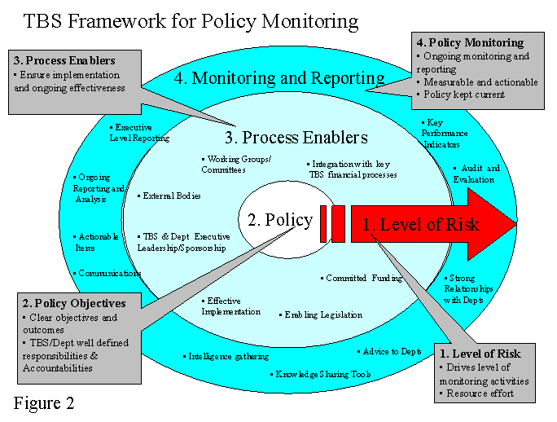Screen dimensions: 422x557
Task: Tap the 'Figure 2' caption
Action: (x=48, y=402)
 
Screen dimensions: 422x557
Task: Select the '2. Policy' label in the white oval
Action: (x=279, y=220)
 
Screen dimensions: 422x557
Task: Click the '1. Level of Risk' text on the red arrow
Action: (x=420, y=224)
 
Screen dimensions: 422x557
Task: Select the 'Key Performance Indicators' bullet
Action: (x=444, y=133)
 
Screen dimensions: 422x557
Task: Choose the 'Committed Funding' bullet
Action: (x=363, y=278)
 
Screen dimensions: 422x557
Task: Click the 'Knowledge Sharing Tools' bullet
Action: (x=322, y=375)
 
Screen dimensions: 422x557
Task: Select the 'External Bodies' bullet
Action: (x=170, y=196)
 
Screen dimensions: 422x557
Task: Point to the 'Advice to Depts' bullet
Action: (x=391, y=351)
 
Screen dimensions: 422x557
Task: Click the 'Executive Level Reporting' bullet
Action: (x=139, y=133)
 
